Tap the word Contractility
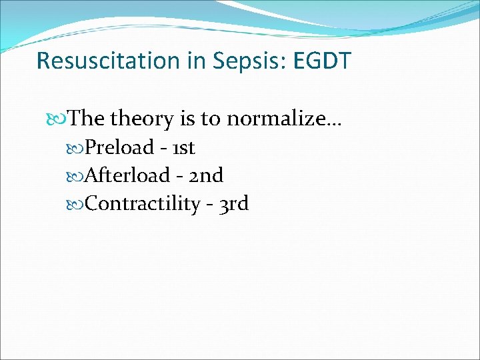(143, 203)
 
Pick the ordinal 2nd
(207, 175)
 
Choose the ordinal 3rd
(233, 203)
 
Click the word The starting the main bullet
(86, 119)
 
